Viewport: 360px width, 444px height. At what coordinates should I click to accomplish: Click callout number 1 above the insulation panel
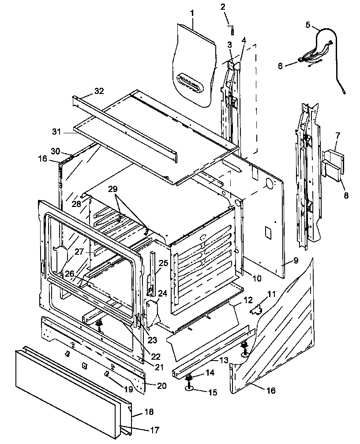192,13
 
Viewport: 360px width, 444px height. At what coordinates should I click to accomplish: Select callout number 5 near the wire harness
307,24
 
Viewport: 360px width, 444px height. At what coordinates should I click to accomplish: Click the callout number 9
295,260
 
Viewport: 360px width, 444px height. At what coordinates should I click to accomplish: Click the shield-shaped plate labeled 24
152,313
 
